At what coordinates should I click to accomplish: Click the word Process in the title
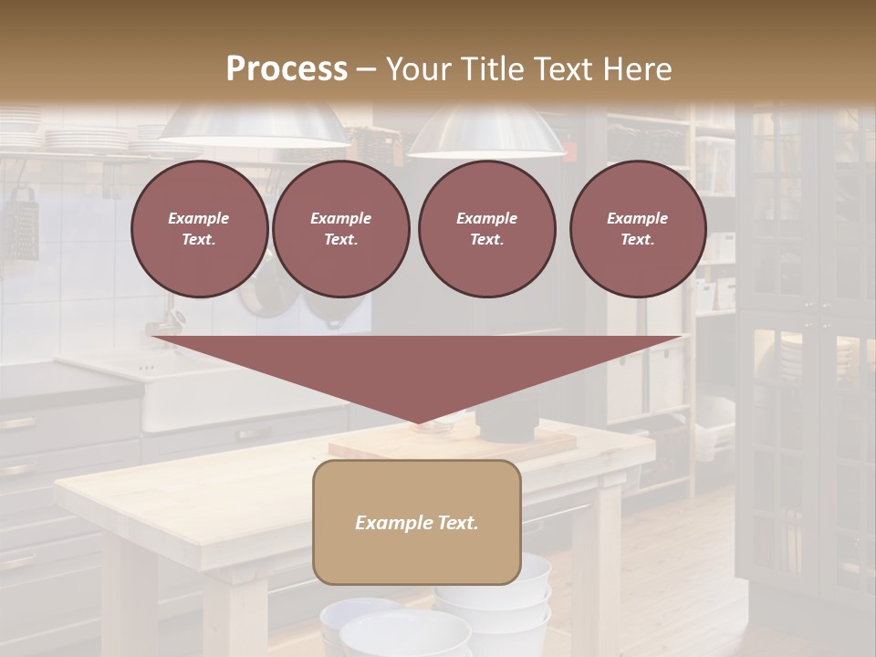(x=287, y=68)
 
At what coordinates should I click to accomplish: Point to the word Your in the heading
(x=415, y=68)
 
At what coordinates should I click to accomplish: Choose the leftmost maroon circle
(x=199, y=229)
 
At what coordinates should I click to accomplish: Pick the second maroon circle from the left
(x=340, y=229)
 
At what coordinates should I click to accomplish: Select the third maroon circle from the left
(x=486, y=229)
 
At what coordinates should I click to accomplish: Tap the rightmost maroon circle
(x=637, y=229)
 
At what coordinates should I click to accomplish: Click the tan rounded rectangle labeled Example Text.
(x=416, y=522)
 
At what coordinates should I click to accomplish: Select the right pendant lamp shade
(x=485, y=132)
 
